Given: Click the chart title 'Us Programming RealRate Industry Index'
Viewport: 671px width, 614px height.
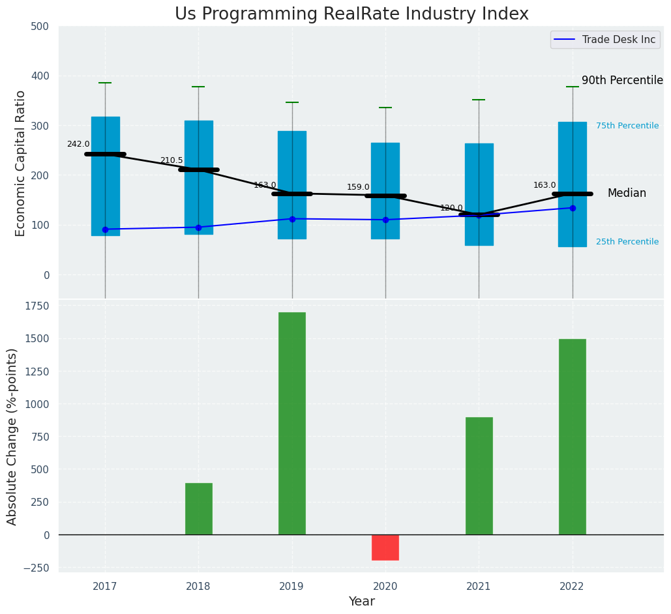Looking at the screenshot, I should click(351, 14).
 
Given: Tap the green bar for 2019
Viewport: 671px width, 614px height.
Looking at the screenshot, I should click(292, 423).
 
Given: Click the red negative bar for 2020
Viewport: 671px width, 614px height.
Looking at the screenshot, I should click(385, 548).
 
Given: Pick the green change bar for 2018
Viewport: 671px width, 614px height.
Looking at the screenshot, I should click(199, 508).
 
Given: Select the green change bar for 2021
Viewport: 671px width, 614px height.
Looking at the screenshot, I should click(479, 476).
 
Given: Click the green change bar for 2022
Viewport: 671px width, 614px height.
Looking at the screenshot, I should click(573, 437).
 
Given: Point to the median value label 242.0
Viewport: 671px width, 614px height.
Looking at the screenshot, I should click(78, 145).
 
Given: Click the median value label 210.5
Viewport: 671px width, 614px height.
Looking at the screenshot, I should click(171, 161).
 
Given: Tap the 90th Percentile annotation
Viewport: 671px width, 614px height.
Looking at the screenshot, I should click(622, 81).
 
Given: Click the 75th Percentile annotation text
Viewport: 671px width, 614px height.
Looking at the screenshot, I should click(627, 126).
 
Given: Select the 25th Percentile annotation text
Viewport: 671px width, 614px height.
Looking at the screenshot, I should click(627, 242).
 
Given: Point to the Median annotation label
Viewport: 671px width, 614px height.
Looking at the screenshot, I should click(627, 194).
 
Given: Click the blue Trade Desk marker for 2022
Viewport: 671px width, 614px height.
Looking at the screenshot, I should click(573, 208).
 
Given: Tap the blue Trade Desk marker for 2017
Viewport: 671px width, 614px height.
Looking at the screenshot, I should click(105, 229).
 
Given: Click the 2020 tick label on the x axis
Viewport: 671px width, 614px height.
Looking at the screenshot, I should click(385, 587).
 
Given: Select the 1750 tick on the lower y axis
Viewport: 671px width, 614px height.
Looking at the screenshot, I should click(37, 306).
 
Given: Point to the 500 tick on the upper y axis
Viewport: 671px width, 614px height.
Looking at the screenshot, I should click(40, 27).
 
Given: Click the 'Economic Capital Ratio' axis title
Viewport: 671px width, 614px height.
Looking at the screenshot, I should click(21, 163).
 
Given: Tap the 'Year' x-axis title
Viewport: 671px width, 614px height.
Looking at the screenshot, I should click(361, 602).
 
